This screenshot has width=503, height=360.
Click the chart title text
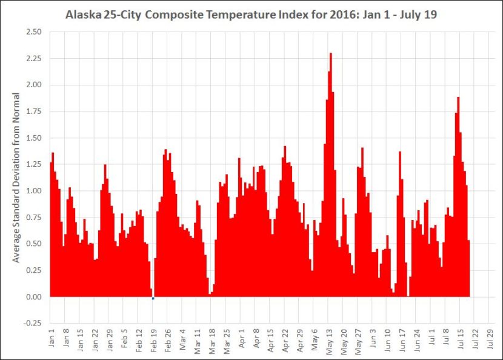251,13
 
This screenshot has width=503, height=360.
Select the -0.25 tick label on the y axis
33,323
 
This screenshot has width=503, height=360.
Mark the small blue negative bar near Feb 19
153,298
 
